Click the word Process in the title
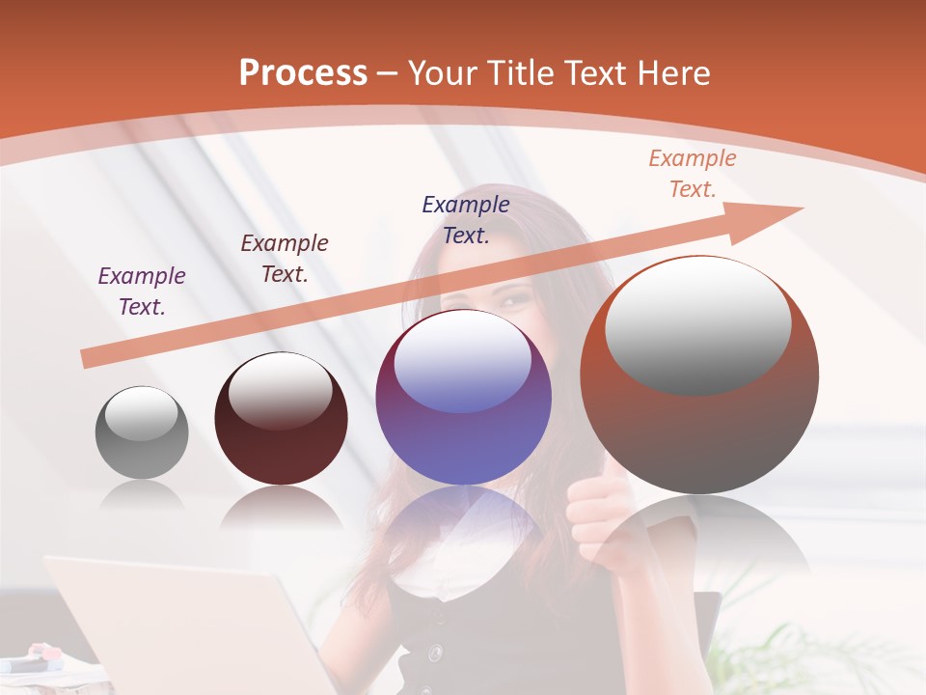click(x=303, y=73)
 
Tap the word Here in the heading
click(x=671, y=73)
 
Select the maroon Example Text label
click(x=285, y=258)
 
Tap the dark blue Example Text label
click(x=466, y=219)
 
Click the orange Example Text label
click(x=693, y=173)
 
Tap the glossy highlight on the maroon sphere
click(x=280, y=392)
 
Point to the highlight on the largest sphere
click(x=697, y=325)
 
